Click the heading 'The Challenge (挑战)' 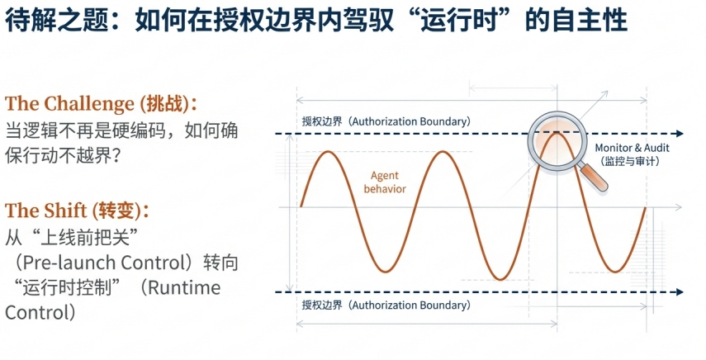pos(102,104)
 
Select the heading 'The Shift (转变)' pos(77,211)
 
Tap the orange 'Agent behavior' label pos(385,182)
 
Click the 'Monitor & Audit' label pos(633,148)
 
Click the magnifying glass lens pos(557,141)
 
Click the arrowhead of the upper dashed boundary pos(680,133)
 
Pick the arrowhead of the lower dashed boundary pos(680,292)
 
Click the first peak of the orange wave pos(329,152)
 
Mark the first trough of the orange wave pos(386,272)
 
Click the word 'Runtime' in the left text pos(184,287)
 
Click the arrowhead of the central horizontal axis pos(679,207)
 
